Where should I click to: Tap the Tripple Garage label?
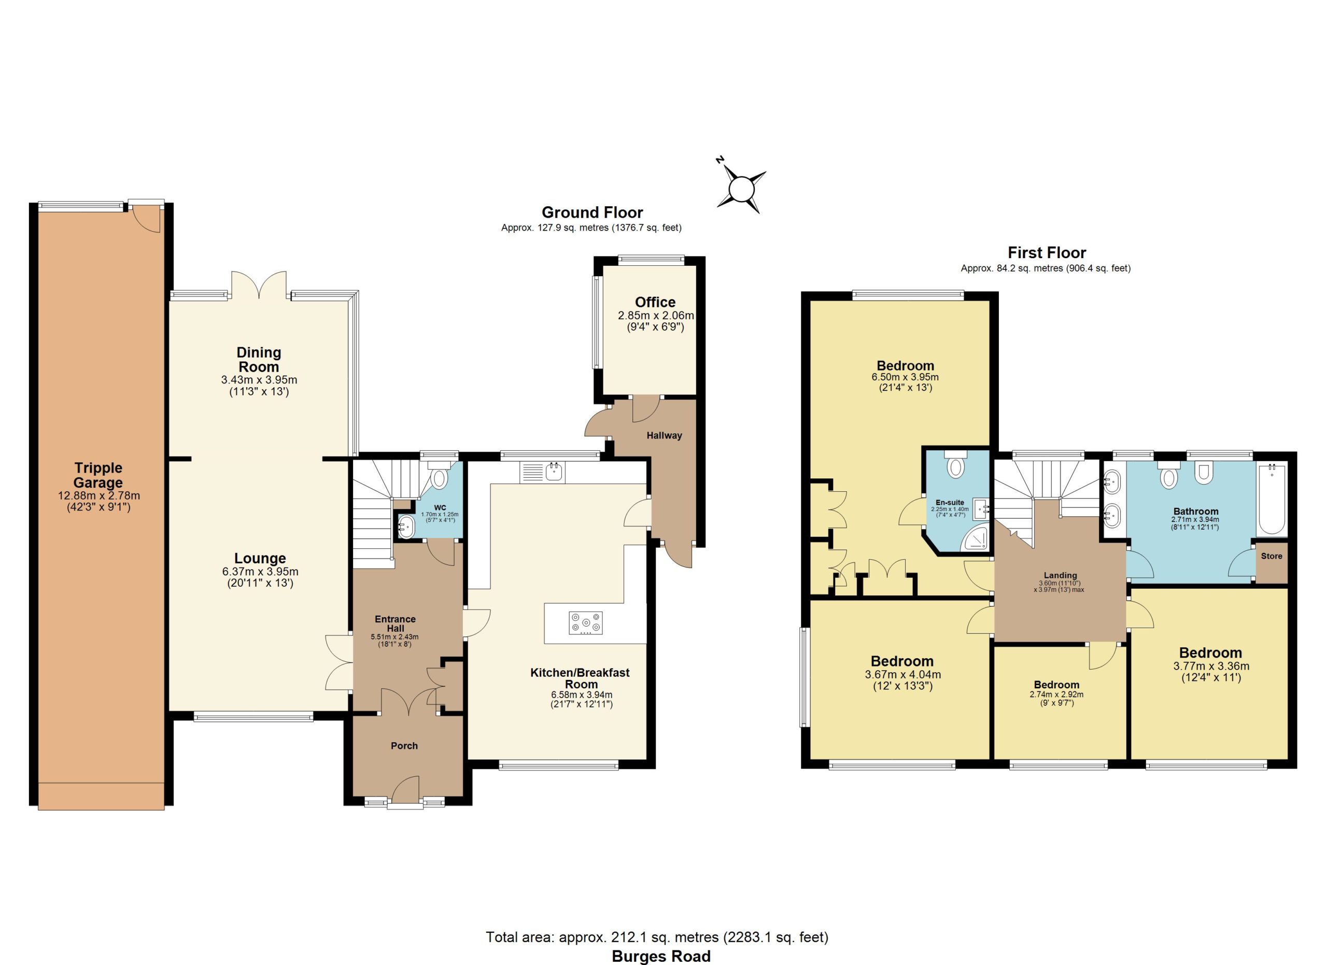(98, 475)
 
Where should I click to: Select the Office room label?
(655, 302)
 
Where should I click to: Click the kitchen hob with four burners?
(586, 623)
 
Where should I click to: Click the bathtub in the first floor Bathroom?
(1272, 500)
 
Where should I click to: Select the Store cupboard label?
(1272, 556)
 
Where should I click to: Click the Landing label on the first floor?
(1060, 575)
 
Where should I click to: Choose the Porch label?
(404, 746)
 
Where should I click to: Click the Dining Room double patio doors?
(259, 285)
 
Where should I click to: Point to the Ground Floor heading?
(592, 212)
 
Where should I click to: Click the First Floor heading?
(1047, 253)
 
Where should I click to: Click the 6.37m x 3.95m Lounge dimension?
(260, 572)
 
